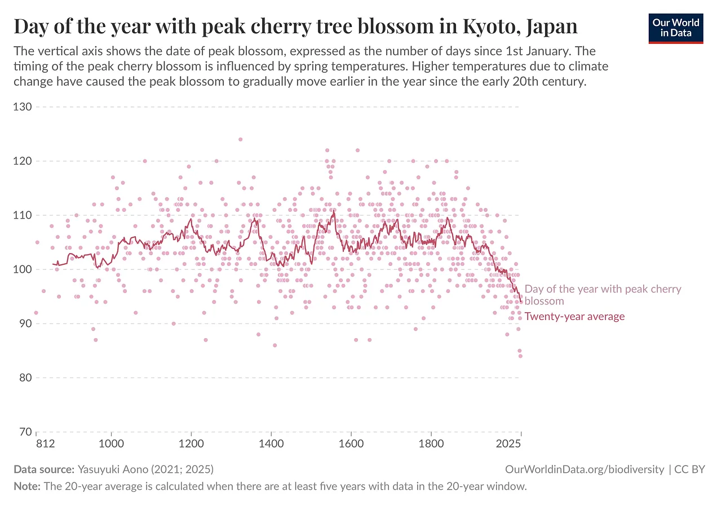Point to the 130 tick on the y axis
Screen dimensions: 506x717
pos(23,107)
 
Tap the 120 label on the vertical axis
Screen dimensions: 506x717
pos(23,161)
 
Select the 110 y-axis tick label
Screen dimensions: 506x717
pos(23,215)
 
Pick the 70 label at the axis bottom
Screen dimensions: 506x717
pos(25,432)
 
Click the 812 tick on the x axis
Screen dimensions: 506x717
pos(45,444)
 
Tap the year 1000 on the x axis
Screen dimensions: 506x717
pos(112,444)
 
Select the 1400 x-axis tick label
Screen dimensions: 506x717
pos(271,444)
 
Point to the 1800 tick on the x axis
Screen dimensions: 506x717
pos(431,444)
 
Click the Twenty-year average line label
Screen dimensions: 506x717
pos(574,316)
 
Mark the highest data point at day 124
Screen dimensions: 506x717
pos(240,139)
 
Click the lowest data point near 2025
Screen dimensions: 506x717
pos(520,356)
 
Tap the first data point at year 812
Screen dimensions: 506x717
pos(36,313)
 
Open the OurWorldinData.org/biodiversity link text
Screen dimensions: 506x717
pos(585,469)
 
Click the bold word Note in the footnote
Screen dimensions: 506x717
pos(26,486)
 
